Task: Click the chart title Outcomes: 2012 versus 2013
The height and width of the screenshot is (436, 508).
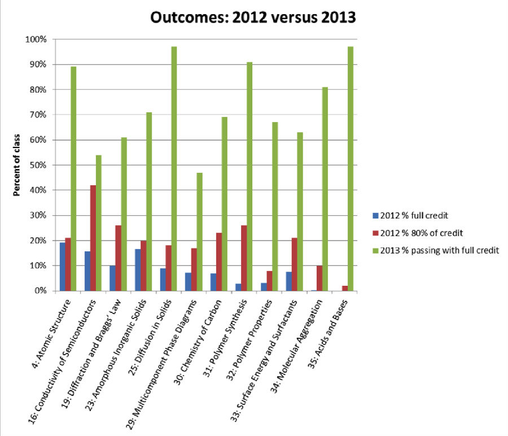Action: [x=253, y=18]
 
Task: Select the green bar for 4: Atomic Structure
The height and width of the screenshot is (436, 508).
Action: [x=73, y=178]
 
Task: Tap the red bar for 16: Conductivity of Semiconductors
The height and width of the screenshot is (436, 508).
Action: [x=93, y=238]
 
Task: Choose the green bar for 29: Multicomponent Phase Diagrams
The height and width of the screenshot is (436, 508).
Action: [x=199, y=232]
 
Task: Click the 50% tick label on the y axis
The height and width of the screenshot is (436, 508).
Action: [x=42, y=165]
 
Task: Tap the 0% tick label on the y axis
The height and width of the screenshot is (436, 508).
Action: [x=44, y=291]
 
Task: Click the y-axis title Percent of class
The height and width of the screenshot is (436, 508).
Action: [x=17, y=165]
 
